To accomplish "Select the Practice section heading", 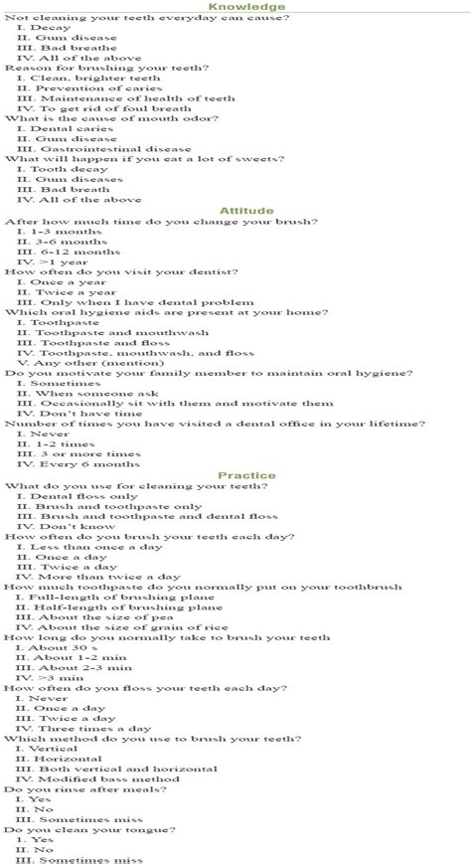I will [247, 475].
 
